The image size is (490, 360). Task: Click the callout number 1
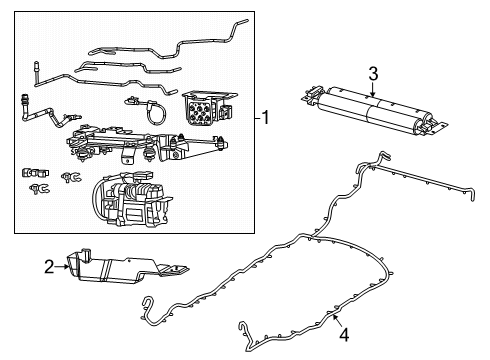click(267, 118)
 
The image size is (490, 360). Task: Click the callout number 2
click(46, 266)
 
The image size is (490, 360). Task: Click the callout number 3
click(372, 74)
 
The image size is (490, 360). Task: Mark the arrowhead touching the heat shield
click(66, 265)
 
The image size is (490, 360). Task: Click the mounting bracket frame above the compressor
click(130, 145)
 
